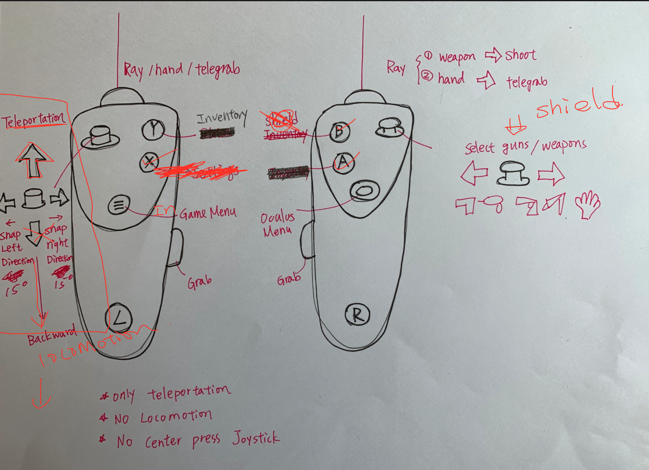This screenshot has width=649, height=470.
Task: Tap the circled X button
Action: pos(149,162)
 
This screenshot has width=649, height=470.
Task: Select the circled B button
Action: pos(340,131)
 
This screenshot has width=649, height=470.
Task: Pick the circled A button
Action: pos(343,162)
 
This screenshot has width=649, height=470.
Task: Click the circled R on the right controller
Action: pos(357,315)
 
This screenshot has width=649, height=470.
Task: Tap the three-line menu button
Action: pos(119,205)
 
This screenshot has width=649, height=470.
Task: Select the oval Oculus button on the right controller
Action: pos(364,191)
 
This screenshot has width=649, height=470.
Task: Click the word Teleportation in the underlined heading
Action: pos(34,120)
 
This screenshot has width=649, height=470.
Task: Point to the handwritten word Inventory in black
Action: pos(222,117)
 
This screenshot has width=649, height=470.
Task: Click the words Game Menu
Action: pos(207,212)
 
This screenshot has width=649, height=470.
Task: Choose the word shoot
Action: pos(520,55)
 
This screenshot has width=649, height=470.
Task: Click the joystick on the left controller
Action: pos(100,136)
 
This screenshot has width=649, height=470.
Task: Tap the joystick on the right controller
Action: pos(389,127)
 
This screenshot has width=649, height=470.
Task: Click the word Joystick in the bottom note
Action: pos(256,438)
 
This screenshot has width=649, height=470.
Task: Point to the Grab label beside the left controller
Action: pos(199,282)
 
